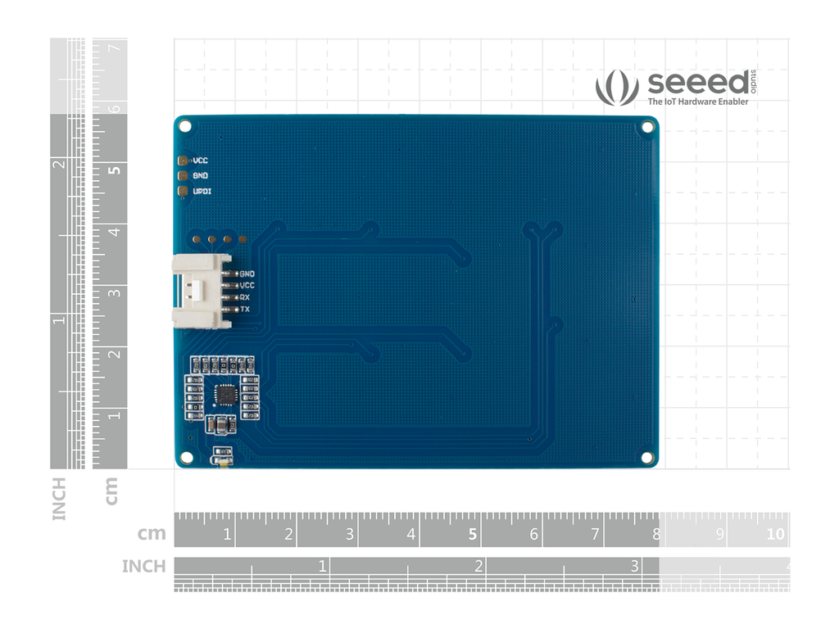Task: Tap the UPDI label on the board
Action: pyautogui.click(x=202, y=191)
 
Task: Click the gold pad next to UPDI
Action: pyautogui.click(x=184, y=191)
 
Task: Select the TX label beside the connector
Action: pyautogui.click(x=245, y=310)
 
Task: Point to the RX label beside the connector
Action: pyautogui.click(x=245, y=297)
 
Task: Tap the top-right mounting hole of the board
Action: pyautogui.click(x=647, y=127)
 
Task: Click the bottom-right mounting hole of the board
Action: pyautogui.click(x=646, y=457)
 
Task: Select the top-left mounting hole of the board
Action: pyautogui.click(x=185, y=127)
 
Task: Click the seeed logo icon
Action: pyautogui.click(x=616, y=88)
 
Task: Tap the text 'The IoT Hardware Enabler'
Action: pyautogui.click(x=697, y=102)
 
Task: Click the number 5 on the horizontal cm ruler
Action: pyautogui.click(x=472, y=535)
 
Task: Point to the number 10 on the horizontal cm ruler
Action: pyautogui.click(x=774, y=535)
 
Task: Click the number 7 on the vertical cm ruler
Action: pyautogui.click(x=115, y=48)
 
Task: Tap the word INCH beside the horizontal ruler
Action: pyautogui.click(x=143, y=566)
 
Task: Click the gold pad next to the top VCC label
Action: pyautogui.click(x=184, y=161)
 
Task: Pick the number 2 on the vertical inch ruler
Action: pyautogui.click(x=58, y=164)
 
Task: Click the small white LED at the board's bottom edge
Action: pyautogui.click(x=220, y=464)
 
